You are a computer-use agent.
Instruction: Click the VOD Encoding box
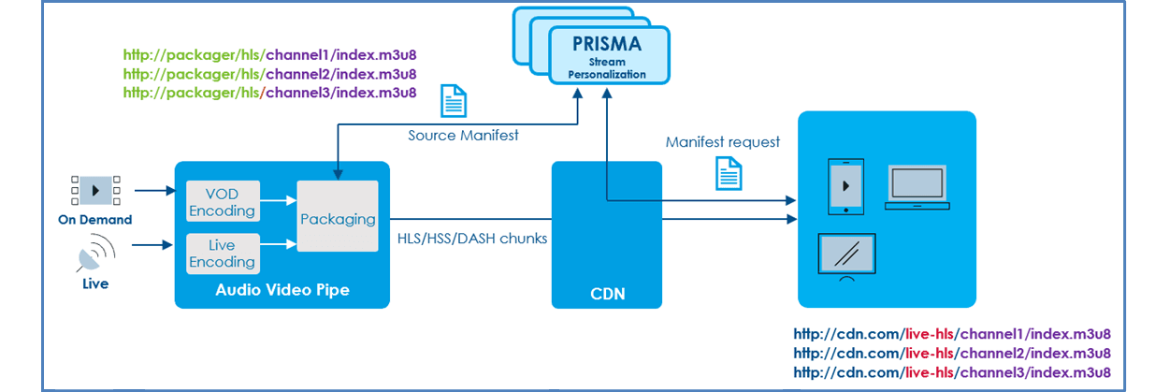pyautogui.click(x=223, y=201)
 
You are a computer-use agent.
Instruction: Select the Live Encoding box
pyautogui.click(x=223, y=254)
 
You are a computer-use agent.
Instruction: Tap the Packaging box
pyautogui.click(x=338, y=216)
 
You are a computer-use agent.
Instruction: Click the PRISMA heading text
pyautogui.click(x=607, y=44)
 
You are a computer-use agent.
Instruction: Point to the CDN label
pyautogui.click(x=607, y=294)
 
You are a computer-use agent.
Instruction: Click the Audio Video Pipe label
pyautogui.click(x=282, y=290)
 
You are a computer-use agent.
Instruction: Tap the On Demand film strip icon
pyautogui.click(x=95, y=190)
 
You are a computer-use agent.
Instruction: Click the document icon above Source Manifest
pyautogui.click(x=454, y=101)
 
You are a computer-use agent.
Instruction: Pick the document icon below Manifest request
pyautogui.click(x=729, y=174)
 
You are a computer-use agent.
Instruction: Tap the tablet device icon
pyautogui.click(x=845, y=186)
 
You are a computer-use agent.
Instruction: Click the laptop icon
pyautogui.click(x=917, y=187)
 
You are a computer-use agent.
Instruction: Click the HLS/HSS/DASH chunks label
pyautogui.click(x=471, y=239)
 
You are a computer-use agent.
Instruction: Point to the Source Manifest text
pyautogui.click(x=463, y=135)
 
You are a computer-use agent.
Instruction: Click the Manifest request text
pyautogui.click(x=722, y=142)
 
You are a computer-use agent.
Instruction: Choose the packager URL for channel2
pyautogui.click(x=269, y=74)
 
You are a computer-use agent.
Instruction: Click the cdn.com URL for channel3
pyautogui.click(x=952, y=372)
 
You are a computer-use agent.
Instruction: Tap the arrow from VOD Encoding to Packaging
pyautogui.click(x=279, y=200)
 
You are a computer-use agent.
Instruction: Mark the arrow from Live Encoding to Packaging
pyautogui.click(x=279, y=243)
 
